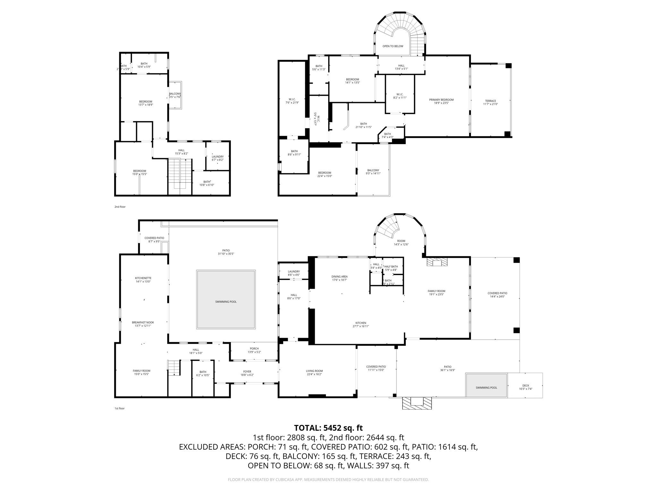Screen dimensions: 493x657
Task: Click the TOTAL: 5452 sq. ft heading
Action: click(328, 428)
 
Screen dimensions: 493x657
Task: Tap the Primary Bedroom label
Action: click(441, 101)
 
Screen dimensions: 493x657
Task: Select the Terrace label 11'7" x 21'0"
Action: click(490, 102)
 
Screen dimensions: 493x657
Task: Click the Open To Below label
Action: click(393, 46)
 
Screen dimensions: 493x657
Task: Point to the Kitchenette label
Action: click(143, 280)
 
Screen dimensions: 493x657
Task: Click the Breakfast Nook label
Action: click(143, 324)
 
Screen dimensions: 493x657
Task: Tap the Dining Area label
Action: click(339, 278)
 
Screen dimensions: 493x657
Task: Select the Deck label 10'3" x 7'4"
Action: click(525, 387)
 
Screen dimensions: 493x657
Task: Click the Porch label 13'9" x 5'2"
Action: click(254, 350)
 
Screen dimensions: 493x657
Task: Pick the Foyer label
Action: click(247, 373)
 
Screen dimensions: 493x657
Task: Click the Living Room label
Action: click(314, 372)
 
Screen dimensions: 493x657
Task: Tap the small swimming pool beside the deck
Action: click(486, 387)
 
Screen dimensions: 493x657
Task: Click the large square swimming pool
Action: click(226, 301)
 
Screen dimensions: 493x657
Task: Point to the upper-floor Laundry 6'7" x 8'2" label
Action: click(218, 158)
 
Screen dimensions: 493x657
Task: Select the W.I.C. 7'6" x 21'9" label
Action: click(292, 101)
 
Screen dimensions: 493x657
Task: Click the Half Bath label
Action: click(391, 268)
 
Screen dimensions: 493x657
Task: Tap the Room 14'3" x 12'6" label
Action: click(401, 242)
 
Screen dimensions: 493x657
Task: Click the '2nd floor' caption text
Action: click(120, 207)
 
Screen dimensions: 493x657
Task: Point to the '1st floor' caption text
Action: click(119, 408)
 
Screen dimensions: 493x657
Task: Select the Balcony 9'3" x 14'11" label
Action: click(373, 172)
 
